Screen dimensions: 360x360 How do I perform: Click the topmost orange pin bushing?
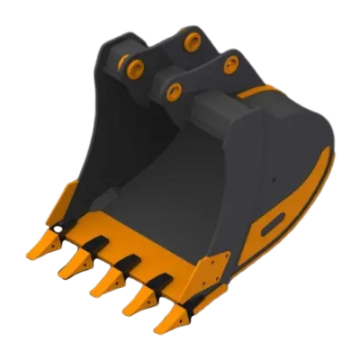click(191, 41)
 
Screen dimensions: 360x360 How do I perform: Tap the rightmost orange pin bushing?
click(230, 63)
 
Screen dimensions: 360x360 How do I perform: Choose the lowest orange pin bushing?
click(175, 89)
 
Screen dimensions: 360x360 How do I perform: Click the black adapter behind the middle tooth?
click(126, 262)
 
